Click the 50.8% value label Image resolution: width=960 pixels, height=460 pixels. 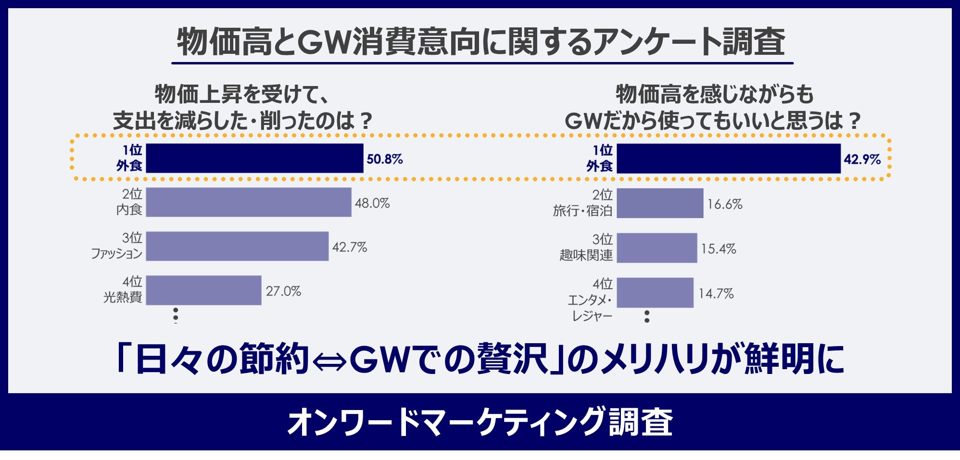coord(384,159)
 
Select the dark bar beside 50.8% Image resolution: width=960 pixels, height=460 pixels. coord(254,158)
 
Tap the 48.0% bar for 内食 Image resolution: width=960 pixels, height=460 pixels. coord(248,202)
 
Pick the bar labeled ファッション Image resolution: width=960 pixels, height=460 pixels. coord(237,246)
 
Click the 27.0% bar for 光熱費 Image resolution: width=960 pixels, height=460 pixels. coord(203,290)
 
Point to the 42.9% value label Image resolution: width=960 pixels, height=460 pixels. coord(862,159)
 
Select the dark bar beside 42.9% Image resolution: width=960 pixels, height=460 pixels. coord(728,159)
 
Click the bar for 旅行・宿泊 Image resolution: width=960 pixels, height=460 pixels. coord(660,203)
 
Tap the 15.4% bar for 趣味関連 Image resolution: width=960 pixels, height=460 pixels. coord(657,248)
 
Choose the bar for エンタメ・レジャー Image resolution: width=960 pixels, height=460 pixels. coord(655,292)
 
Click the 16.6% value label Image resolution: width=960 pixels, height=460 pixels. coord(724,204)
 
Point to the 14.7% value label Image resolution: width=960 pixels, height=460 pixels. coord(716,293)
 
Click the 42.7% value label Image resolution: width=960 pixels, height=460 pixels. coord(349,248)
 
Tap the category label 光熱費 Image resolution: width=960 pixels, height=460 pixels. coord(123,298)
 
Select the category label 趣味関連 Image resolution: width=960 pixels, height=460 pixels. coord(586,255)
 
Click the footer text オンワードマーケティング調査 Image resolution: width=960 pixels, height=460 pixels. coord(480,422)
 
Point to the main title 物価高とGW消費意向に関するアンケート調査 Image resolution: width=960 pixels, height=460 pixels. coord(481,41)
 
